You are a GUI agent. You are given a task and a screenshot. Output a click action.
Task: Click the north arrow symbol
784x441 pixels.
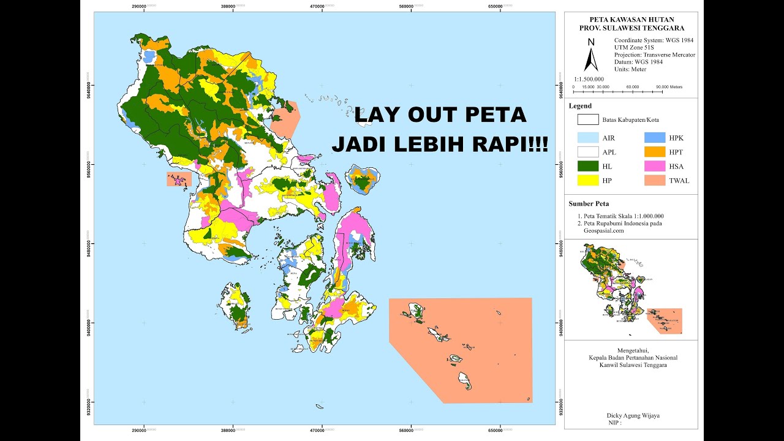pyautogui.click(x=591, y=56)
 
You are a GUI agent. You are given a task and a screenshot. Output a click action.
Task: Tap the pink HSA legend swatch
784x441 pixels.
pyautogui.click(x=654, y=166)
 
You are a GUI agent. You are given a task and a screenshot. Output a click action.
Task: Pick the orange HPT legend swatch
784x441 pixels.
pyautogui.click(x=654, y=152)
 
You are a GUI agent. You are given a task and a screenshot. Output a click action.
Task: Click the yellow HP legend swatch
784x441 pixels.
pyautogui.click(x=587, y=180)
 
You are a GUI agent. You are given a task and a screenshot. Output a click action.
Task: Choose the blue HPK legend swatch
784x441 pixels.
pyautogui.click(x=654, y=138)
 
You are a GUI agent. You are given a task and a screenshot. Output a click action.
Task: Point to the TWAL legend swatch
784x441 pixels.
pyautogui.click(x=654, y=180)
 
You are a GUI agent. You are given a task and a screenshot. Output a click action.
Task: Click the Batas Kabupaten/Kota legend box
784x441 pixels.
pyautogui.click(x=587, y=119)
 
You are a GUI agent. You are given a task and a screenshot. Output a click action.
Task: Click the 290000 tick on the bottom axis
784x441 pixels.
pyautogui.click(x=144, y=433)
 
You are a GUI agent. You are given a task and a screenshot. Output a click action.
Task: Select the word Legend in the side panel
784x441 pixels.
pyautogui.click(x=580, y=106)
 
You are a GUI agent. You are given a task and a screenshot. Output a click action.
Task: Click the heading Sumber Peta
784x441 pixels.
pyautogui.click(x=589, y=203)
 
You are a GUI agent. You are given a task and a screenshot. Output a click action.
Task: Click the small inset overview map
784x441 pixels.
pyautogui.click(x=631, y=289)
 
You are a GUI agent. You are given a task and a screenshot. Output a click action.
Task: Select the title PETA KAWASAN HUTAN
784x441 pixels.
pyautogui.click(x=631, y=20)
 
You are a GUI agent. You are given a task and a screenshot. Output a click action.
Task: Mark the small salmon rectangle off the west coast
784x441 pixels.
pyautogui.click(x=179, y=179)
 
